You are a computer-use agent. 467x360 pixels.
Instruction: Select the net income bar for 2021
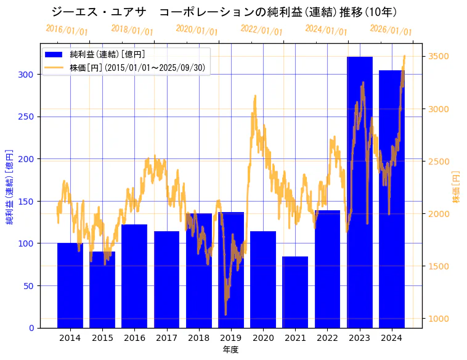pyautogui.click(x=295, y=292)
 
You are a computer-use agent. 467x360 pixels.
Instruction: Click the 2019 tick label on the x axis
pyautogui.click(x=231, y=338)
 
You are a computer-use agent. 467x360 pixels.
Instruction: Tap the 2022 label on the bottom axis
pyautogui.click(x=327, y=338)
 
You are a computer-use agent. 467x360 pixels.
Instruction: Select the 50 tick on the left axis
pyautogui.click(x=29, y=285)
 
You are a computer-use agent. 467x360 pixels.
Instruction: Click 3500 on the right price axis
pyautogui.click(x=439, y=57)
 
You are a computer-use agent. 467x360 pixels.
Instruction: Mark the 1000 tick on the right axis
pyautogui.click(x=439, y=319)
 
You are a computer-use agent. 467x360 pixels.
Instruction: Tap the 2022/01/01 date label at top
pyautogui.click(x=262, y=30)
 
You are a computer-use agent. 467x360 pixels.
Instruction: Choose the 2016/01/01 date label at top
pyautogui.click(x=67, y=30)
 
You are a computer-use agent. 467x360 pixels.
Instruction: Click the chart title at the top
pyautogui.click(x=224, y=12)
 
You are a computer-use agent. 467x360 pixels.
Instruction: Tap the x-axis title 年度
pyautogui.click(x=231, y=350)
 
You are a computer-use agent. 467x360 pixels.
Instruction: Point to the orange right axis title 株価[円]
pyautogui.click(x=457, y=187)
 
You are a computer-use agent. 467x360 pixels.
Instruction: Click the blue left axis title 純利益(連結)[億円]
pyautogui.click(x=10, y=186)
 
